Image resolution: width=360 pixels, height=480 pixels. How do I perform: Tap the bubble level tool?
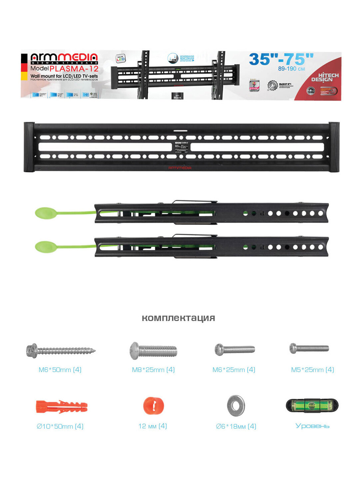[x=312, y=406]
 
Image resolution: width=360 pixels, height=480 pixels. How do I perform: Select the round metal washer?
[x=236, y=406]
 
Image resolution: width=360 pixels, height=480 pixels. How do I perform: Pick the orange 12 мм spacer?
[x=153, y=406]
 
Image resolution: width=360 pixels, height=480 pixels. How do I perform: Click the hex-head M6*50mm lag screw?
[x=60, y=351]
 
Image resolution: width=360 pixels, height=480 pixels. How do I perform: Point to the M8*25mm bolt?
[x=153, y=350]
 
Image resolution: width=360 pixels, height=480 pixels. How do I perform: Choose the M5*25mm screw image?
[x=309, y=348]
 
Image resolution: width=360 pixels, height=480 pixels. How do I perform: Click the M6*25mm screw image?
[x=235, y=349]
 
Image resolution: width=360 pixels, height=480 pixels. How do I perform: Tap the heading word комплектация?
[x=178, y=318]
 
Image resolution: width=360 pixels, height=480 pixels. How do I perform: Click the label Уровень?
[x=312, y=426]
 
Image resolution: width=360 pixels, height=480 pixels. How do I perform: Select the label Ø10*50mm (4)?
[x=60, y=426]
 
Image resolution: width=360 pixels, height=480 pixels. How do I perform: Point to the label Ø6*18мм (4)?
[x=236, y=426]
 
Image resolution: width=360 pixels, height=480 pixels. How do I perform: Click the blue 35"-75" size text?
[x=281, y=59]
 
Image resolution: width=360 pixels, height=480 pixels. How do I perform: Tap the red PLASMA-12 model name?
[x=74, y=69]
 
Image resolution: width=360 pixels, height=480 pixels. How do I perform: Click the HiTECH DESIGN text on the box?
[x=325, y=77]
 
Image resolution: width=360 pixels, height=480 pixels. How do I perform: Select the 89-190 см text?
[x=291, y=69]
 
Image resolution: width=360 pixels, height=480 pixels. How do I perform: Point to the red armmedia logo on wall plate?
[x=180, y=168]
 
